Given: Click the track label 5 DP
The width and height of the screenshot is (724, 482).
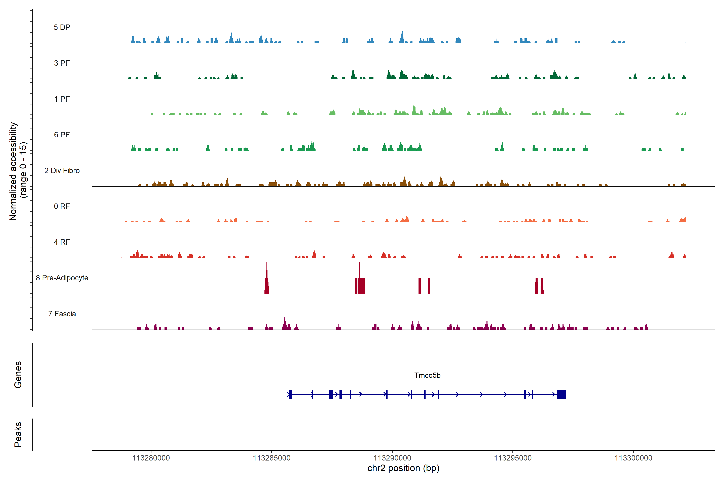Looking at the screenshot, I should point(62,27).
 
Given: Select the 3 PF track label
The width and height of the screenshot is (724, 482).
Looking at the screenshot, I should point(62,63).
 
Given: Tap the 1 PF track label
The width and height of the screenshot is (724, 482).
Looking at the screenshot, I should point(62,99).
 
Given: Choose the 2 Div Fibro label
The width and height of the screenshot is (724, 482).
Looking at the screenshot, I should point(62,171).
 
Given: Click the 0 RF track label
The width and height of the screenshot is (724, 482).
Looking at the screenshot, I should point(62,206).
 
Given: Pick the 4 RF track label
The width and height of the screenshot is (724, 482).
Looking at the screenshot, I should point(62,242).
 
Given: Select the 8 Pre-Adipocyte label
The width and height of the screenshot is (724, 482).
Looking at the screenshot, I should point(62,278).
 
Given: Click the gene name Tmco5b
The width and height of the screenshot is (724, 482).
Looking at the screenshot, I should point(427,375).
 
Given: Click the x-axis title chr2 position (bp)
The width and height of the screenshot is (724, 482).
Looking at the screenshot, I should point(403,468).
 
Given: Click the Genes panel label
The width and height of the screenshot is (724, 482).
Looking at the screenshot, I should point(18,375).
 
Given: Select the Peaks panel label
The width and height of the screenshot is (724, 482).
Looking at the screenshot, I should point(18,434).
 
